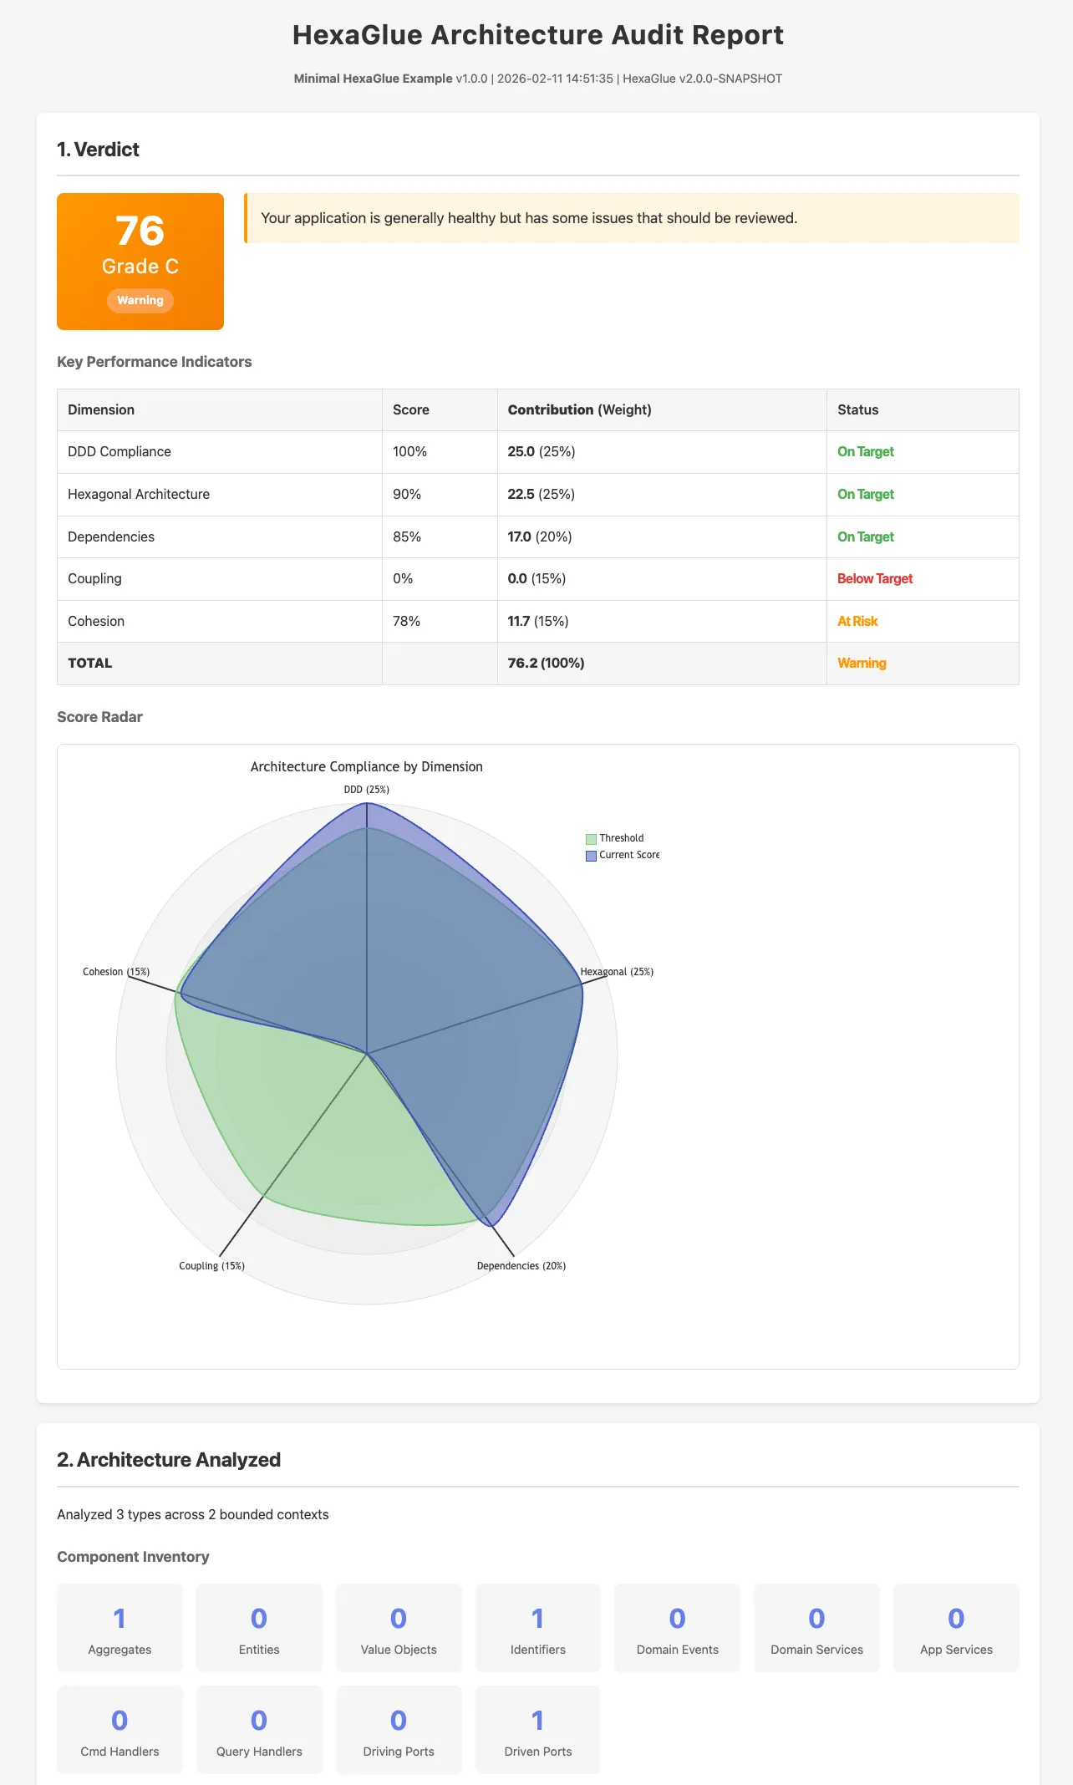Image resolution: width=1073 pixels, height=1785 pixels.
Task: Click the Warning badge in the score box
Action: pos(140,301)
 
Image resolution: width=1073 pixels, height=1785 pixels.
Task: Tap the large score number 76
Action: pos(140,231)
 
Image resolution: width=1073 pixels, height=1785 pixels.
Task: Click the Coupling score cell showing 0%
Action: pos(403,578)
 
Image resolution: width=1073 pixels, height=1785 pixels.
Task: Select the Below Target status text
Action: pos(875,578)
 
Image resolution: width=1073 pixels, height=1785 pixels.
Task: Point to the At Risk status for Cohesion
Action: pos(857,621)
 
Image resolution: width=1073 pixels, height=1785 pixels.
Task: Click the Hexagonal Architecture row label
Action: pos(139,494)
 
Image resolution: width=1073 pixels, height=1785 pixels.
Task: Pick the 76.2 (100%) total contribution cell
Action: pos(547,663)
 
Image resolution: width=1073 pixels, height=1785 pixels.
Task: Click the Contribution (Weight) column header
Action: pos(579,409)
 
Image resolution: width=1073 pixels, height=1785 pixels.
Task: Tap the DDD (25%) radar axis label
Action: pos(367,790)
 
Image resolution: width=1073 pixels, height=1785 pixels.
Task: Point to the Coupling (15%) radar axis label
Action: pos(211,1266)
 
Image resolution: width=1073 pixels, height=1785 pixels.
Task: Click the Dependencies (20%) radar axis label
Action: pos(521,1266)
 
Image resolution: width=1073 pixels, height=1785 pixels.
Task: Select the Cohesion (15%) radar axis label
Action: pos(116,972)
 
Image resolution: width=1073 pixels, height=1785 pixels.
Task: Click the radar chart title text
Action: pos(367,766)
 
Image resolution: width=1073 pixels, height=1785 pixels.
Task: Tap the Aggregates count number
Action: pos(120,1619)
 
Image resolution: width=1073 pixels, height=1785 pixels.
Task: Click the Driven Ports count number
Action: pos(538,1721)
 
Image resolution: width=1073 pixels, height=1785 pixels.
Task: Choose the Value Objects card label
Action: pos(399,1650)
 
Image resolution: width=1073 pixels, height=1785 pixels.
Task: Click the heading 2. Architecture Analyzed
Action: pos(169,1460)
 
